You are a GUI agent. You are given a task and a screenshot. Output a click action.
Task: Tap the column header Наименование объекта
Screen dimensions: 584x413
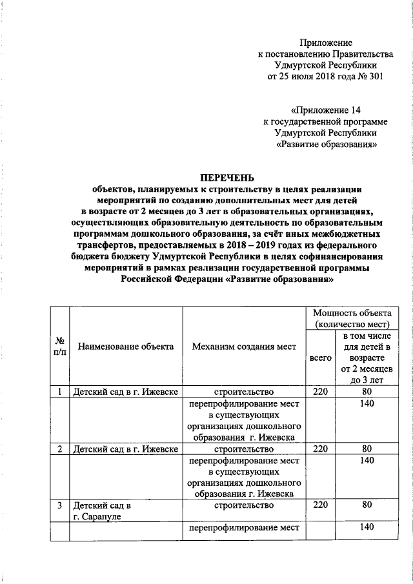coord(126,347)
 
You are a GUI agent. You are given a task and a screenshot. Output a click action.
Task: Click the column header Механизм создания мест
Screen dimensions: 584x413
coord(244,347)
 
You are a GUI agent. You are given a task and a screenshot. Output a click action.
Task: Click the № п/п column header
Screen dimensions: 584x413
coord(59,347)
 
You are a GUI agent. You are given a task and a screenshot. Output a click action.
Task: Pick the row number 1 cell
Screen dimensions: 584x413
coord(59,392)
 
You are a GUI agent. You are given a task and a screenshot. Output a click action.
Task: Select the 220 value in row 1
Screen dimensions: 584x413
coord(321,392)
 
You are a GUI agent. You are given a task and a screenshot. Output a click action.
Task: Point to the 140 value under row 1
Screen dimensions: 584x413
coord(367,403)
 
